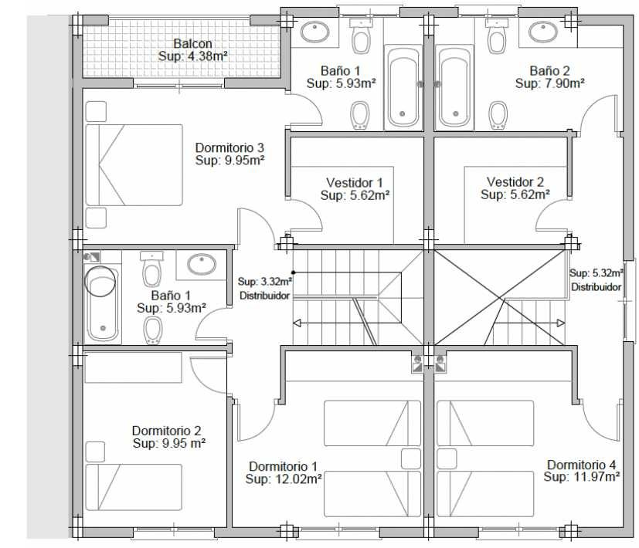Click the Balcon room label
(x=192, y=43)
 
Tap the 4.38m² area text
(x=206, y=56)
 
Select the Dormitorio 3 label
(x=229, y=147)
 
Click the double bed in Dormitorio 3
(x=134, y=165)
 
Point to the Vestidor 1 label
(x=355, y=182)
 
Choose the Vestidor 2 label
(x=515, y=181)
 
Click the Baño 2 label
(x=549, y=70)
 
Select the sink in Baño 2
(x=543, y=32)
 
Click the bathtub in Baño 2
(x=454, y=87)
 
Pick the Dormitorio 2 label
(x=166, y=431)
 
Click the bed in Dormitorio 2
(x=134, y=487)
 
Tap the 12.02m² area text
(x=298, y=479)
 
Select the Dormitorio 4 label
(x=582, y=465)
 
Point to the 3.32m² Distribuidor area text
(x=265, y=282)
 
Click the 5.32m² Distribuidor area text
(x=597, y=272)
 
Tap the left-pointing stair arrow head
(x=297, y=323)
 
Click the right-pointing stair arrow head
(x=561, y=323)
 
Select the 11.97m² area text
(x=597, y=477)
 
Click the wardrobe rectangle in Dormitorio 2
(x=133, y=367)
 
